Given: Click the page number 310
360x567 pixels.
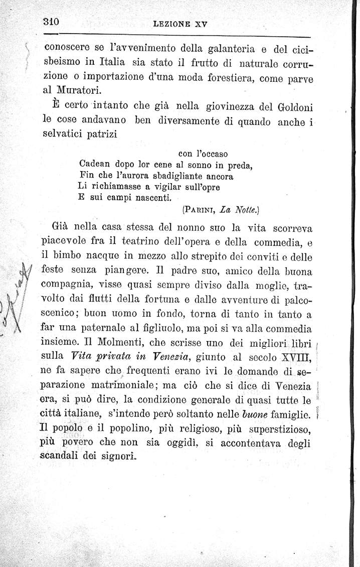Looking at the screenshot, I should pyautogui.click(x=52, y=22).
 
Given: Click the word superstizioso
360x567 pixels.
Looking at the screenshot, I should pyautogui.click(x=278, y=430).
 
